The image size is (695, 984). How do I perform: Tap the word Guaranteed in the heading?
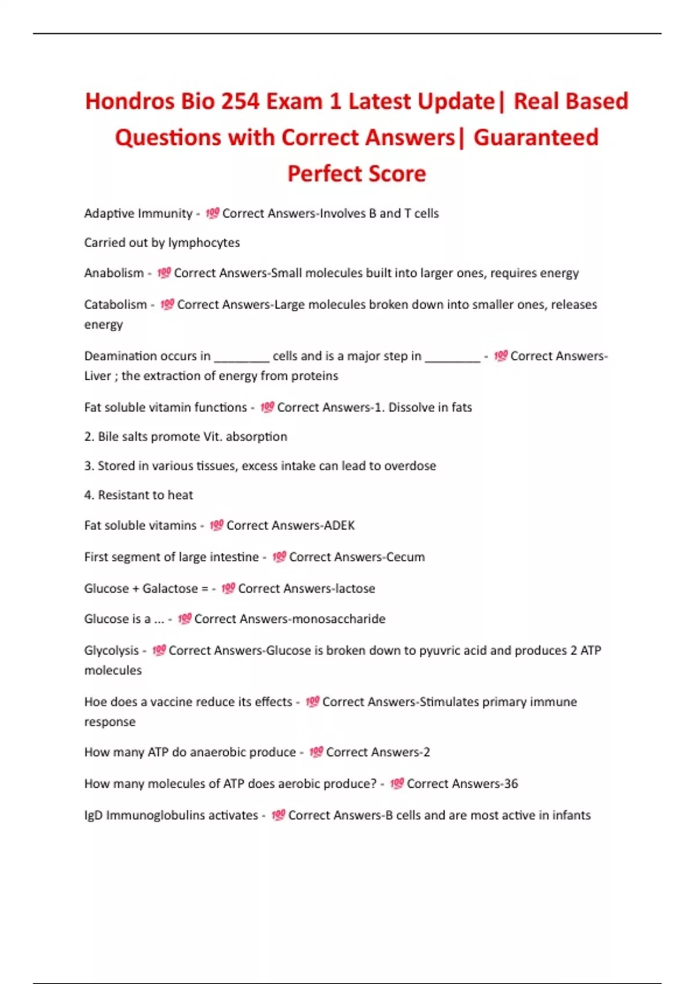[x=536, y=138]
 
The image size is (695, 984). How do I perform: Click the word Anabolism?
[x=114, y=273]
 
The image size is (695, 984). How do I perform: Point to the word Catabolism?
[x=115, y=304]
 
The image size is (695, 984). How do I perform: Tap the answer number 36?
[x=511, y=784]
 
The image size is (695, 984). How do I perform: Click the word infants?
[x=571, y=815]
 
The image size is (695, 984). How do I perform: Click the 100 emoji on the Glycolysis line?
[x=159, y=651]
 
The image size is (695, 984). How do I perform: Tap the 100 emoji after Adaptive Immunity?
[x=212, y=213]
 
